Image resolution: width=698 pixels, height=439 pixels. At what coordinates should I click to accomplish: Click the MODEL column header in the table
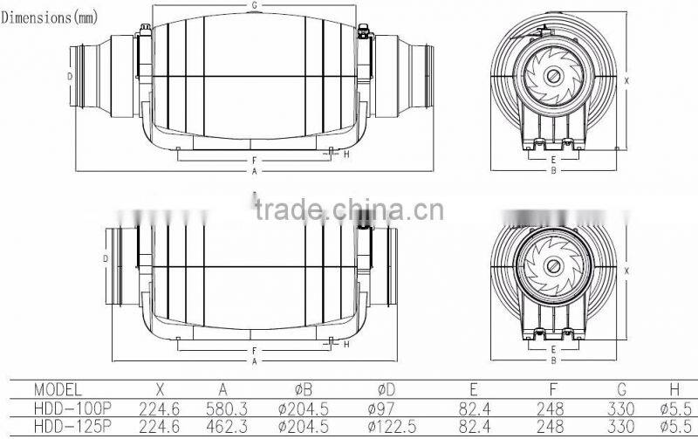58,389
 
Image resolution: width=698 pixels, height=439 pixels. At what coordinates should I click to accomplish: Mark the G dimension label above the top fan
254,5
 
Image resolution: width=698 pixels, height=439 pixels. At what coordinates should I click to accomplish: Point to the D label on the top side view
69,76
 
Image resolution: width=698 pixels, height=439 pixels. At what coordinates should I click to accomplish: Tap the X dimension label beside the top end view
626,80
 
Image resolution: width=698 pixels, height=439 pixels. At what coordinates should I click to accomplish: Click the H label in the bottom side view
346,344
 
